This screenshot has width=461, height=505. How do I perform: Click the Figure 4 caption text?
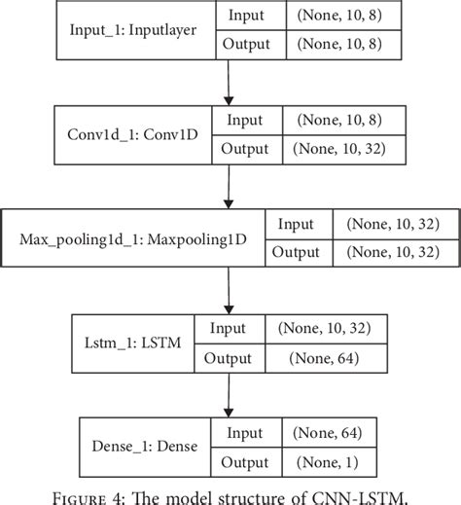click(x=230, y=493)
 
